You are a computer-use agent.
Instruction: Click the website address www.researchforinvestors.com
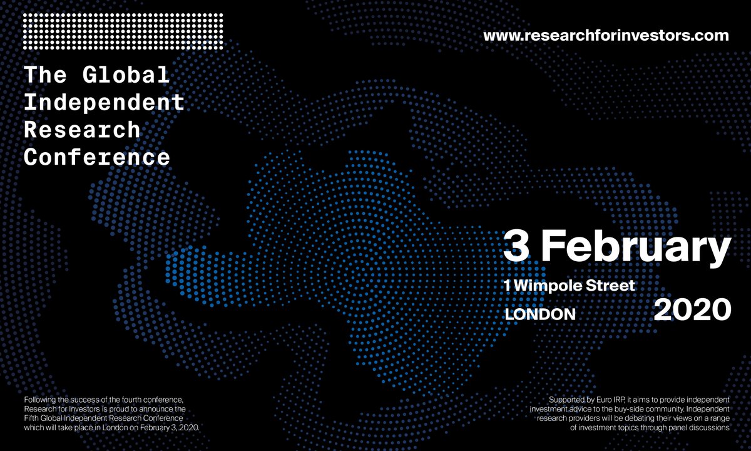[606, 35]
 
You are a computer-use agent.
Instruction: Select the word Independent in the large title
[105, 103]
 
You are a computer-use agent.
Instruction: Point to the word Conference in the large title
[97, 157]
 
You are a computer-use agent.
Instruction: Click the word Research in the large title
[81, 130]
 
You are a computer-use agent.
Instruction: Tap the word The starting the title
[45, 75]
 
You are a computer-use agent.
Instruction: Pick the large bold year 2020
[692, 310]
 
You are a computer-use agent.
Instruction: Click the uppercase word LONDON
[540, 314]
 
